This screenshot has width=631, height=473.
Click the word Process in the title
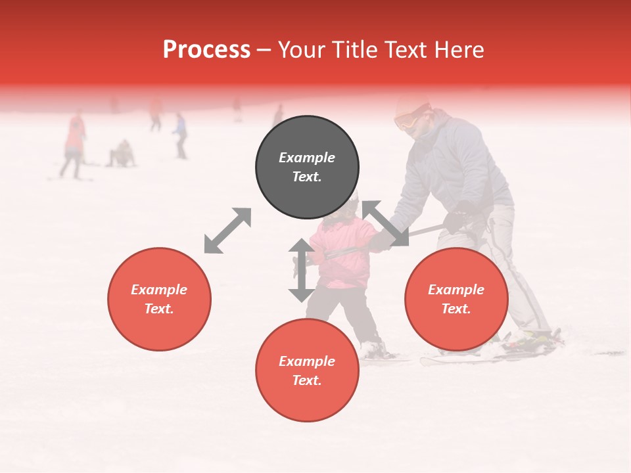pos(206,50)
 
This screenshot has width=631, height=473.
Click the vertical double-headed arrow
pos(301,271)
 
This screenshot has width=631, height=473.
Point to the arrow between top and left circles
pos(227,231)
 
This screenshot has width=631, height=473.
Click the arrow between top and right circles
pos(385,223)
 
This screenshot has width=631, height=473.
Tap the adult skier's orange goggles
pos(407,120)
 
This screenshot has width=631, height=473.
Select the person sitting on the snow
pos(122,154)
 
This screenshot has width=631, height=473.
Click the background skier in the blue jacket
pos(179,133)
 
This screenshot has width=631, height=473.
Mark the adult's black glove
pos(459,217)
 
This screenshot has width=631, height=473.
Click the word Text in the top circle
pos(307,177)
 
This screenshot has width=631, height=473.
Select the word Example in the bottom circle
pos(307,361)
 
